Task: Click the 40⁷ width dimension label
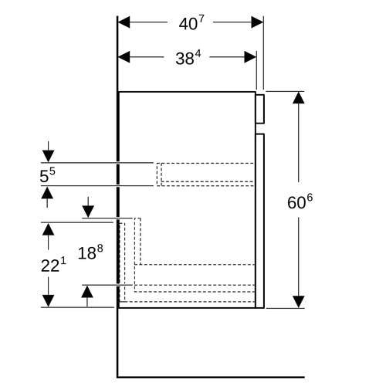click(191, 23)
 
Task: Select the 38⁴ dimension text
click(188, 58)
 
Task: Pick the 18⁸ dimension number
click(90, 252)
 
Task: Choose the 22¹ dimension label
click(53, 265)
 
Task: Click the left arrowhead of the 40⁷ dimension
click(124, 22)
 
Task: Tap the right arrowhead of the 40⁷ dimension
click(257, 22)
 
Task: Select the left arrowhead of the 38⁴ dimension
click(124, 57)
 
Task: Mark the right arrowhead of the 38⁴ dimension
click(250, 57)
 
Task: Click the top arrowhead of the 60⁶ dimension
click(299, 97)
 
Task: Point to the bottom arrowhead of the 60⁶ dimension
click(299, 302)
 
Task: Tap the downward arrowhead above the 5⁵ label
click(49, 156)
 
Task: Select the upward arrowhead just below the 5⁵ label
click(47, 192)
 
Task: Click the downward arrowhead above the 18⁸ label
click(88, 212)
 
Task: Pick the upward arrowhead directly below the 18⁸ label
click(87, 292)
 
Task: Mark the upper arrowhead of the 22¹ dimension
click(49, 229)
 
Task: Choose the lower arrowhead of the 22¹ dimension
click(49, 301)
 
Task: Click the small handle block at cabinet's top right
click(260, 109)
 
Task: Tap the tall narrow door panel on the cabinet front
click(260, 221)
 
